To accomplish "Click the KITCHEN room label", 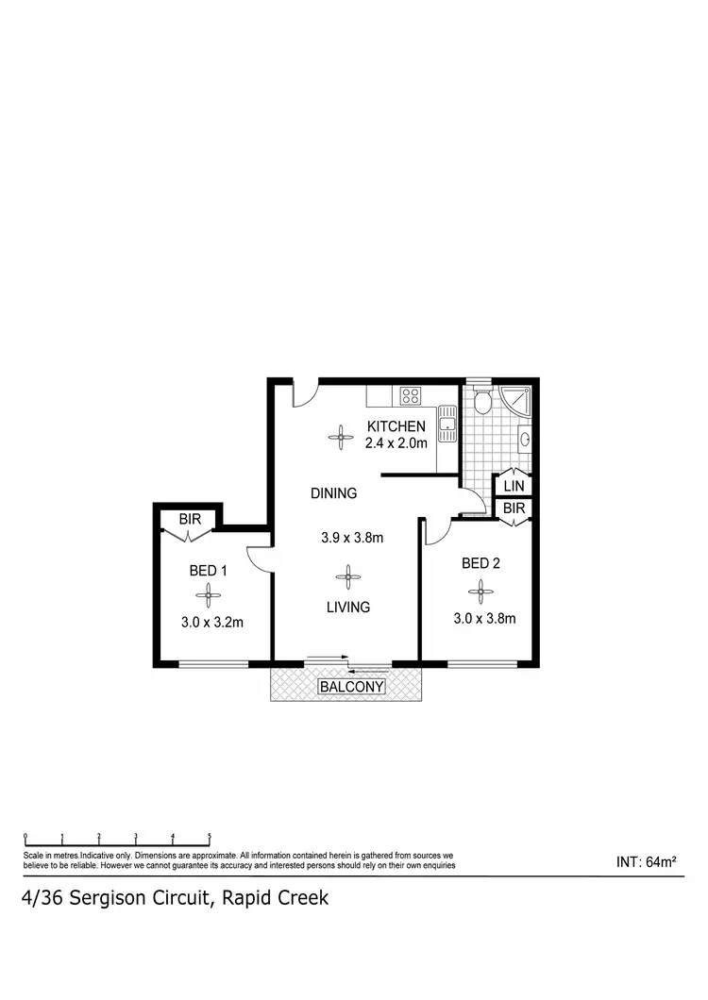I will (396, 426).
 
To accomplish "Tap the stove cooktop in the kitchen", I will (411, 395).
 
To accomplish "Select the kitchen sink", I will (447, 424).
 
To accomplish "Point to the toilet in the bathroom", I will (482, 403).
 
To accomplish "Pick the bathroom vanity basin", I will (524, 438).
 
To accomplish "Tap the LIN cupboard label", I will (514, 485).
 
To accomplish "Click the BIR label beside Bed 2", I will (514, 508).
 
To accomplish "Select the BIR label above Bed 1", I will (190, 519).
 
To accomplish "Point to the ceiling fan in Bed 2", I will (480, 592).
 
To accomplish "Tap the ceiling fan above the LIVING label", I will (348, 577).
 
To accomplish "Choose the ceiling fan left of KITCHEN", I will (338, 435).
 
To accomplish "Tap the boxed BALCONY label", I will (351, 687).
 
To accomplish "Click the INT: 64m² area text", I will (648, 861).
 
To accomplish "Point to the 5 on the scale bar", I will (210, 836).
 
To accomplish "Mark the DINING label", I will (334, 492).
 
